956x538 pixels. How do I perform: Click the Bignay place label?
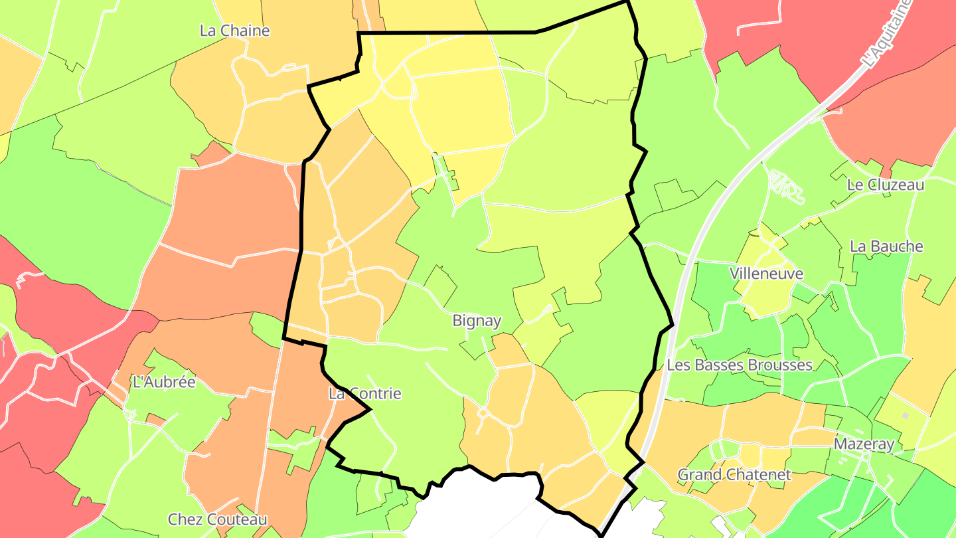(477, 321)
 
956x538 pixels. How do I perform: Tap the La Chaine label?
(235, 31)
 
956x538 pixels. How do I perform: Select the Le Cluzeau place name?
(886, 185)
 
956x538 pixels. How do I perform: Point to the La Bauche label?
(886, 246)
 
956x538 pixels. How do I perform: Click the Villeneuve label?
(767, 274)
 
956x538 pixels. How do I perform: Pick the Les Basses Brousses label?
(740, 365)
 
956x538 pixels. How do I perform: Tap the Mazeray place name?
(864, 444)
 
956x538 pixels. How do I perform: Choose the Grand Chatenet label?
(734, 475)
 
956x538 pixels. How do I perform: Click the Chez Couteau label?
(218, 519)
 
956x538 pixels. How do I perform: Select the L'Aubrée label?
(165, 383)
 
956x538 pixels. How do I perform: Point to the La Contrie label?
(365, 394)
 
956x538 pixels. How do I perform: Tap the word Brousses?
(780, 365)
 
